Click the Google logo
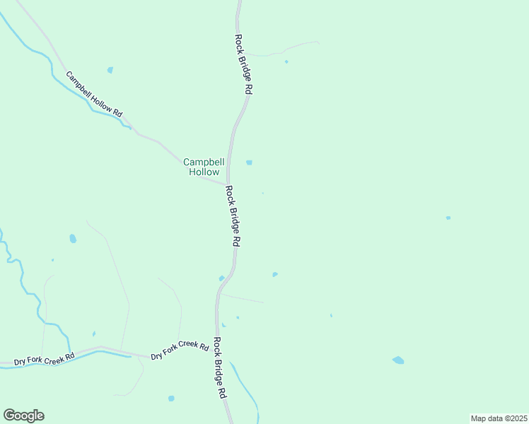click(23, 416)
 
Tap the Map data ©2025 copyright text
click(499, 418)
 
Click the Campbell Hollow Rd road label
click(94, 94)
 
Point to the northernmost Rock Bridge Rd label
click(244, 65)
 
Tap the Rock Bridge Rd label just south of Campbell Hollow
click(233, 216)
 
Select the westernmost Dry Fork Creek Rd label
click(44, 360)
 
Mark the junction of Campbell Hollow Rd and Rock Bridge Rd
click(227, 183)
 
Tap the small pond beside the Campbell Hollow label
click(249, 163)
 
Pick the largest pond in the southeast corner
click(398, 360)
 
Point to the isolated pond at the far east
click(448, 218)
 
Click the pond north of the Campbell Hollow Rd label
click(110, 70)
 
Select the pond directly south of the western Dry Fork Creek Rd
click(171, 399)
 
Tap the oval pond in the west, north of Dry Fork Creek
click(73, 239)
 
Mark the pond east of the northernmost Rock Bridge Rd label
click(286, 61)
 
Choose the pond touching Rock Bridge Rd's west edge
click(221, 278)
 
